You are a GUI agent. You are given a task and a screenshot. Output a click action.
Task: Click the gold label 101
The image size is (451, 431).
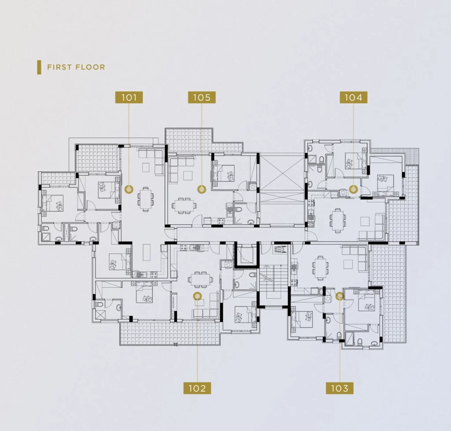(x=129, y=97)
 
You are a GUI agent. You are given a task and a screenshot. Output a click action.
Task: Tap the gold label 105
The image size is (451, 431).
(x=202, y=97)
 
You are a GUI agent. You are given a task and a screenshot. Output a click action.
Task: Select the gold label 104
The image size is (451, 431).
(x=354, y=97)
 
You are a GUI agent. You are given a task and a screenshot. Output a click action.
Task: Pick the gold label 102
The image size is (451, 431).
(x=197, y=388)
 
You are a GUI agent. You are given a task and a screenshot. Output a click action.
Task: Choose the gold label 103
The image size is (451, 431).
(x=340, y=388)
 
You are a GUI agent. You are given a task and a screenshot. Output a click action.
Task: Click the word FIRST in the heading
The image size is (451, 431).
(x=59, y=67)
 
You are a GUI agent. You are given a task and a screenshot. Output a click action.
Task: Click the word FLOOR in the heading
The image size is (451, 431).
(x=90, y=67)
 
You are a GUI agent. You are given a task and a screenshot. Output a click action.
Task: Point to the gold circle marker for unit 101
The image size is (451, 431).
(x=129, y=189)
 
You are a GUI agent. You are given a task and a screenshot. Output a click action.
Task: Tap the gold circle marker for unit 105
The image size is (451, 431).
(x=202, y=189)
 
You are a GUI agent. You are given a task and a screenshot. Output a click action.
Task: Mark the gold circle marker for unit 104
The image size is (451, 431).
(x=354, y=189)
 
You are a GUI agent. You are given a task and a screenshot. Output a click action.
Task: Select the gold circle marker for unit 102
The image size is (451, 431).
(x=197, y=296)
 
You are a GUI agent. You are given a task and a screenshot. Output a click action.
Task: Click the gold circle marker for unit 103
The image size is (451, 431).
(x=340, y=296)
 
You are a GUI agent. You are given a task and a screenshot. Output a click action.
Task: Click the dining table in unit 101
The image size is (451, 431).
(x=146, y=199)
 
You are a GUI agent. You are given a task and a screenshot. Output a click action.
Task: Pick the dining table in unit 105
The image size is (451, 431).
(x=185, y=205)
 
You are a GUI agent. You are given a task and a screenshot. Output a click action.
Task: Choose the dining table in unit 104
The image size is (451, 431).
(x=338, y=221)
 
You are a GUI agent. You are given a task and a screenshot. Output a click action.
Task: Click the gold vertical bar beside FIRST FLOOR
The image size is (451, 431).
(x=39, y=67)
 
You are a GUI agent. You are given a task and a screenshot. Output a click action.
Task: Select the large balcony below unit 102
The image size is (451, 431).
(x=170, y=334)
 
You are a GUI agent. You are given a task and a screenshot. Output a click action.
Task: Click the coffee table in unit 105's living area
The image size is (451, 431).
(x=188, y=175)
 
